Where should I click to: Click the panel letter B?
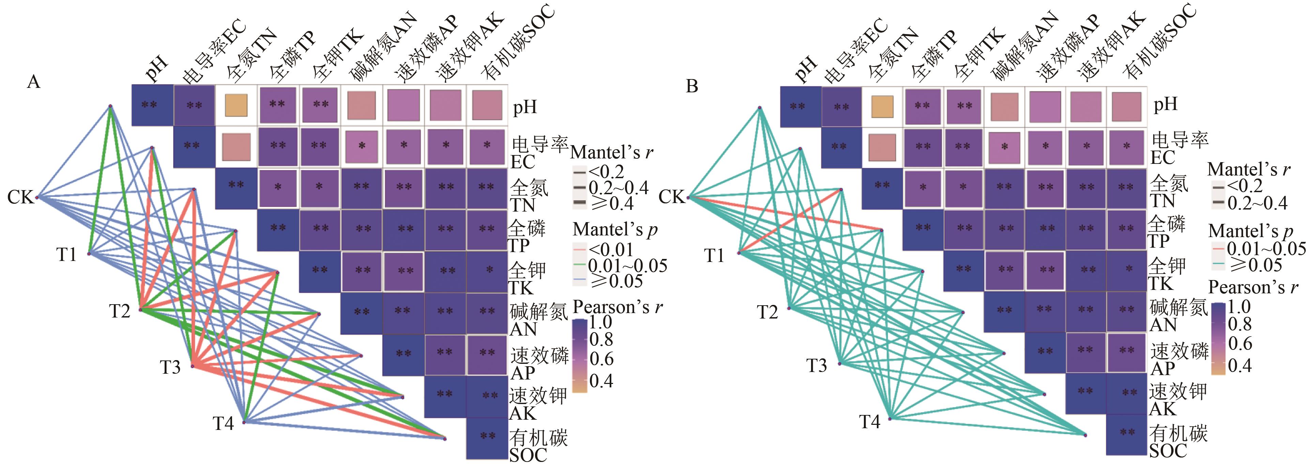(692, 86)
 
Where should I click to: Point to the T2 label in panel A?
(120, 311)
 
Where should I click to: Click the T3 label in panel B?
(816, 366)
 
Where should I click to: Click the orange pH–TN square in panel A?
(236, 105)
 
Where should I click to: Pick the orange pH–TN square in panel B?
(882, 106)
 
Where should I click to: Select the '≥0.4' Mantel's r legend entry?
(610, 204)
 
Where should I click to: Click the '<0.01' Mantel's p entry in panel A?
(610, 250)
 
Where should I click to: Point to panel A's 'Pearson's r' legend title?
(617, 307)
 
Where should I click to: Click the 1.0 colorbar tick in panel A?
(600, 322)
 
